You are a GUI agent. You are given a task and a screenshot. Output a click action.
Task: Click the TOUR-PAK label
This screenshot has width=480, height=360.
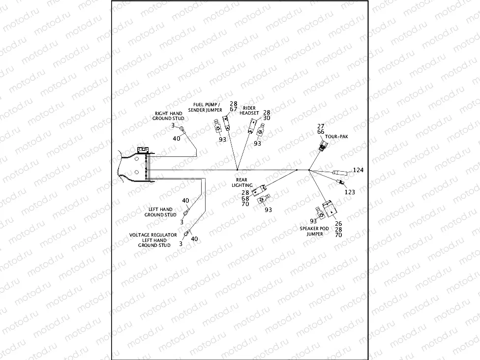[337, 137]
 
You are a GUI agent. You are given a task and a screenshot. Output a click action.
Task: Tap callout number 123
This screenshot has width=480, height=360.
[350, 192]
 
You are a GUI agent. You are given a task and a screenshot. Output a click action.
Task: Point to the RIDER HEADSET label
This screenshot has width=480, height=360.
[249, 111]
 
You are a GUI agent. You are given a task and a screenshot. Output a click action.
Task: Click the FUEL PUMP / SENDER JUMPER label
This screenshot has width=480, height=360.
[208, 107]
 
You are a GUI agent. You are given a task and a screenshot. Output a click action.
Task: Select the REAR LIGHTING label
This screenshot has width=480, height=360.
[242, 182]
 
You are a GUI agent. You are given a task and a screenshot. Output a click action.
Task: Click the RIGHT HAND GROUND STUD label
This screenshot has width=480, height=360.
[168, 116]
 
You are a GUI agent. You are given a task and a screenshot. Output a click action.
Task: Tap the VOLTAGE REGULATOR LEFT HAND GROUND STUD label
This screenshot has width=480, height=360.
[154, 240]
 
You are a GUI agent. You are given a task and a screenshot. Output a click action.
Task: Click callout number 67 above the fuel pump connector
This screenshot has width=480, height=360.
[234, 109]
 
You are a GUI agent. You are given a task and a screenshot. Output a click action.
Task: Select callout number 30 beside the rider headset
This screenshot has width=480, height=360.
[267, 118]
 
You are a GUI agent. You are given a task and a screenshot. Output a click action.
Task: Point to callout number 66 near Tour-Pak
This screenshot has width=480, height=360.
[321, 132]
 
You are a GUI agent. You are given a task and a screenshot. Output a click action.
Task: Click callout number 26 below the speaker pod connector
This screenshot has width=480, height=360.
[338, 223]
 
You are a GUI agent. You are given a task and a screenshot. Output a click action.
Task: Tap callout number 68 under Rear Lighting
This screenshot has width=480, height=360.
[245, 198]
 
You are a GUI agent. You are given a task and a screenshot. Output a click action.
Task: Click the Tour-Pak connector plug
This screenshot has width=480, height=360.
[323, 144]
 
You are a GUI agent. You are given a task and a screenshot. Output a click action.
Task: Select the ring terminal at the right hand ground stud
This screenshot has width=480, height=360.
[182, 129]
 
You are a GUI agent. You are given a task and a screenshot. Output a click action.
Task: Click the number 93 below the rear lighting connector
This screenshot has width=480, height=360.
[268, 210]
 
